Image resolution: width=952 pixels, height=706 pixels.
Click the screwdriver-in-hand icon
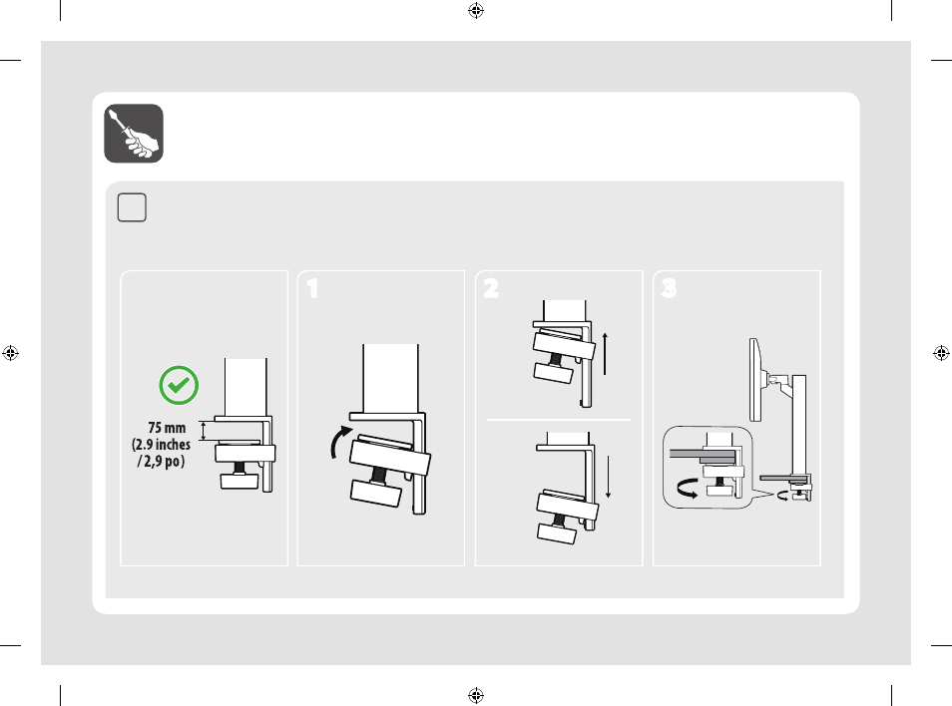click(134, 134)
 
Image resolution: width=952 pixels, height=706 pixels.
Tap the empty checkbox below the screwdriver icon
click(132, 207)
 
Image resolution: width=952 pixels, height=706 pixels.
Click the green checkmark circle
click(179, 385)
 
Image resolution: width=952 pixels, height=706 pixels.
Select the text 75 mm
click(167, 428)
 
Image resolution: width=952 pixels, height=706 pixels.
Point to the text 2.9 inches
click(163, 445)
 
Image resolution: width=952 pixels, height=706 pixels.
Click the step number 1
click(312, 289)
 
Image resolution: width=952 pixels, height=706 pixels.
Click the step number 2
click(491, 288)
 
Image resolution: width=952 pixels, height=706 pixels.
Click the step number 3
click(669, 288)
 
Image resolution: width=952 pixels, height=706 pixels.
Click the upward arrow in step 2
click(605, 354)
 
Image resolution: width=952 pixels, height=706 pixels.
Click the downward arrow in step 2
click(608, 477)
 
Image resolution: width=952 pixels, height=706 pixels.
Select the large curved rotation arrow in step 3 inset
click(688, 488)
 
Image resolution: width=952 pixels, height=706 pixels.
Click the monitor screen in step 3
click(754, 380)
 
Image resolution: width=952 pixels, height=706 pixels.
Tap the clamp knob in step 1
click(376, 494)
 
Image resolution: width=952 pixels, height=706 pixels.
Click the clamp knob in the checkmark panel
click(239, 481)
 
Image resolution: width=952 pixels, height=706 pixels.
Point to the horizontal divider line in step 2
click(559, 419)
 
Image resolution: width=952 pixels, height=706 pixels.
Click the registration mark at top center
click(476, 10)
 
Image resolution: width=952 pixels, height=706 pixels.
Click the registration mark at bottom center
click(476, 695)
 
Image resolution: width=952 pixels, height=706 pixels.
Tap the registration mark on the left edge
click(10, 352)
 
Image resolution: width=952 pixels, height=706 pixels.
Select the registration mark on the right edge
click(941, 352)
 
